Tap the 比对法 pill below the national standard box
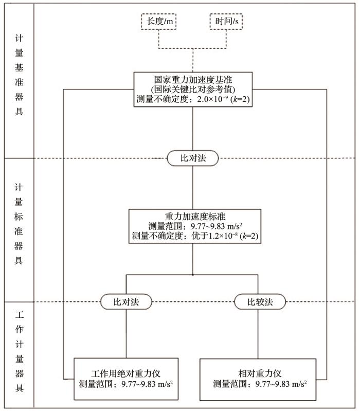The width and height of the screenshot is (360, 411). (x=193, y=158)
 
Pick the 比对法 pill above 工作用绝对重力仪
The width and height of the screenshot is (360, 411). (x=126, y=302)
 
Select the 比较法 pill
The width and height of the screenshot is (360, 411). (x=260, y=302)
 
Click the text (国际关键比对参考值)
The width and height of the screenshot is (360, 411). (x=193, y=90)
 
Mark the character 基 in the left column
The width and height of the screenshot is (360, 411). (x=19, y=67)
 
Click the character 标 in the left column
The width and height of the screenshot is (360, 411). (x=19, y=217)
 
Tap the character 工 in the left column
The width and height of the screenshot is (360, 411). (x=19, y=314)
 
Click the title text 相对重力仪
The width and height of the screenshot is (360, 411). (x=260, y=373)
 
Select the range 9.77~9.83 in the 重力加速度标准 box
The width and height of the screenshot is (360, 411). (x=209, y=226)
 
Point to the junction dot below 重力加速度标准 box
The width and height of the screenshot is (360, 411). (x=193, y=275)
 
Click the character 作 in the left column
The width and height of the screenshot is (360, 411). (x=19, y=329)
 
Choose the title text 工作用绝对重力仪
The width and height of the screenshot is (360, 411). (x=126, y=373)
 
